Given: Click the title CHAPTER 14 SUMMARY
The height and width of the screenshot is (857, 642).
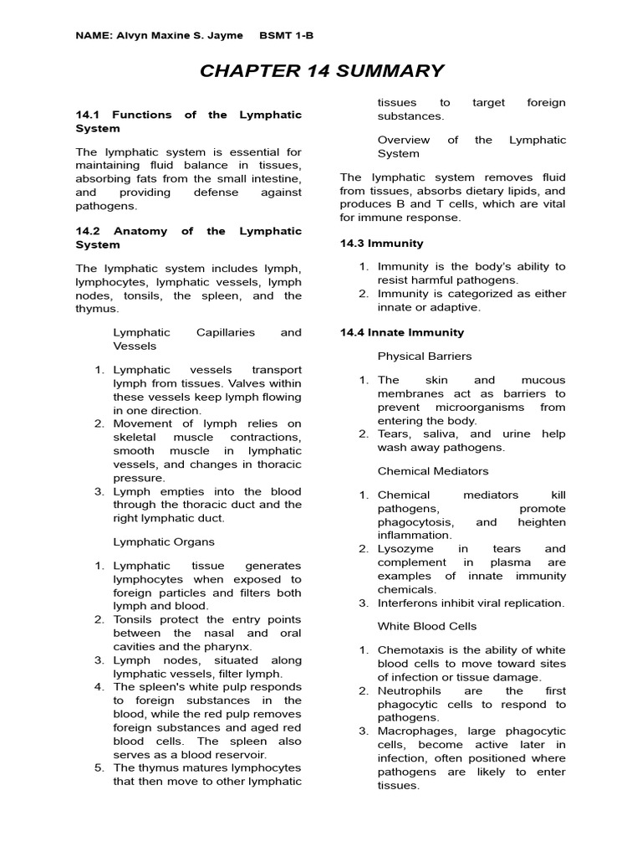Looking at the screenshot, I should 322,70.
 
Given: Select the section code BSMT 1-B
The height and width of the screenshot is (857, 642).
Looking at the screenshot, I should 287,35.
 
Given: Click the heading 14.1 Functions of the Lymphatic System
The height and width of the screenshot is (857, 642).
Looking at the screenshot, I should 188,121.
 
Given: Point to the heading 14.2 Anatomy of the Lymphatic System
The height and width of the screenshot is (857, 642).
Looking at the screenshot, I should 188,238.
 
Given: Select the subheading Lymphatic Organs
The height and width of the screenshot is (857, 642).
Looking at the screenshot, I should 164,541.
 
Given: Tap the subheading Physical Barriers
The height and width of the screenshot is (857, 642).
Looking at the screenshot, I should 425,356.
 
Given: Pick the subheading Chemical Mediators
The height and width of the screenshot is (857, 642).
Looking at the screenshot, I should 433,471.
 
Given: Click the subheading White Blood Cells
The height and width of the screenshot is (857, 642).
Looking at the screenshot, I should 427,626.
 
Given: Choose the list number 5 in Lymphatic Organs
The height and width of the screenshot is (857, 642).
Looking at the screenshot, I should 99,767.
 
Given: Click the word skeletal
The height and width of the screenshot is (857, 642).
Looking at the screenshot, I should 136,438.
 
